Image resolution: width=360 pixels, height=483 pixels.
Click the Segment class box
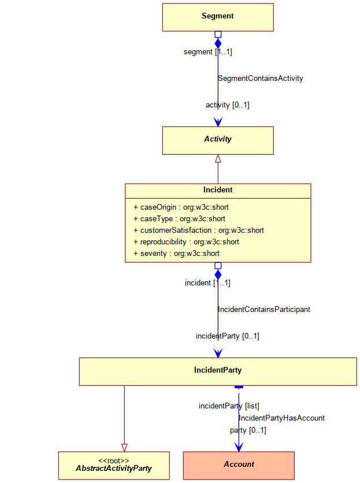(218, 17)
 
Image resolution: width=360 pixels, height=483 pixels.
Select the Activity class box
(218, 140)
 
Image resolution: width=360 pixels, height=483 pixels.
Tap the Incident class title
(218, 190)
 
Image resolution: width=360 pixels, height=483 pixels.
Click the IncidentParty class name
(218, 370)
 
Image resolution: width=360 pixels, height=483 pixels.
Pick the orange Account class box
(239, 466)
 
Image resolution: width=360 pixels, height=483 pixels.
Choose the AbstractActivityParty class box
(114, 466)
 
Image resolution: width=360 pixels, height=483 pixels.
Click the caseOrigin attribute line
(181, 207)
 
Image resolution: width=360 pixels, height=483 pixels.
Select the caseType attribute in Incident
(179, 219)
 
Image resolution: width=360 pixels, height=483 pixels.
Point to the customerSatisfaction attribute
(199, 231)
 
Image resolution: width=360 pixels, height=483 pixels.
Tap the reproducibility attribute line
(187, 242)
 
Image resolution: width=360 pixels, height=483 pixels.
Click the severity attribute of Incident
(177, 254)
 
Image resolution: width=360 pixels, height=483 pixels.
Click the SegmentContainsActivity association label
(261, 78)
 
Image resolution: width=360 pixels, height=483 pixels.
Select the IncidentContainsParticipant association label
(264, 309)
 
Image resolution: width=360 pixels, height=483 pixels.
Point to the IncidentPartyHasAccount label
(282, 418)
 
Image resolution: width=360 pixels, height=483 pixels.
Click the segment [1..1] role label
(208, 52)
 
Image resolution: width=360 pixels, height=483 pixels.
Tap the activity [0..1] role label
(228, 105)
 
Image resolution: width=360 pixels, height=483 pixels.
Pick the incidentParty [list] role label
(229, 406)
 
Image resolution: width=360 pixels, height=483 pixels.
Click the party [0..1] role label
(248, 430)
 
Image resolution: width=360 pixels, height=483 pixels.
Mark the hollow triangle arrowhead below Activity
(218, 158)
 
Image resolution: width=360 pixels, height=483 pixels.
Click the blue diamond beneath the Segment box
(218, 43)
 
